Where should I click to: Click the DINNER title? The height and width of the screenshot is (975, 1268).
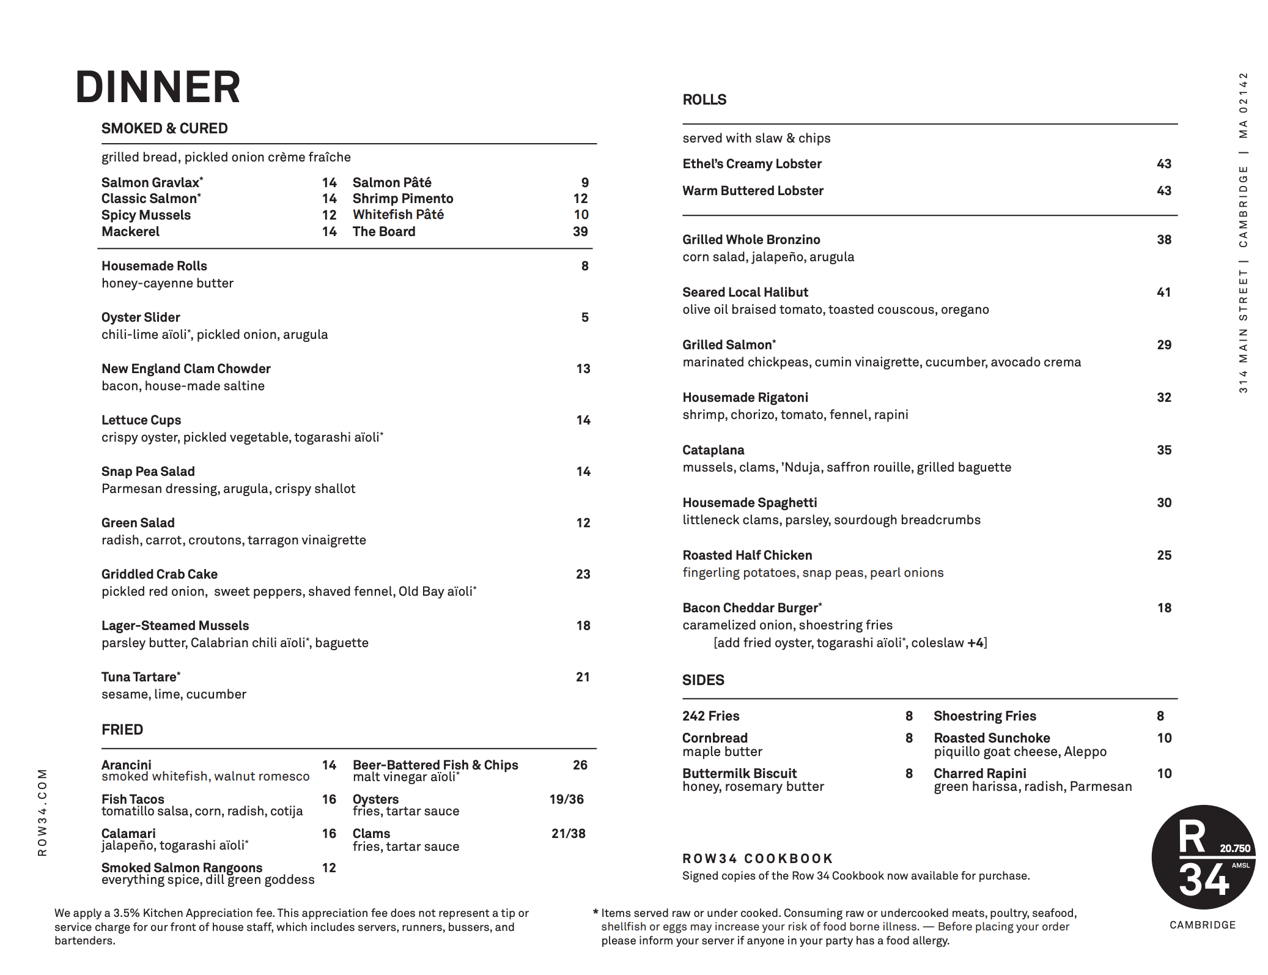point(158,87)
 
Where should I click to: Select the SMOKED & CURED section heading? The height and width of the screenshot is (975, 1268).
point(164,128)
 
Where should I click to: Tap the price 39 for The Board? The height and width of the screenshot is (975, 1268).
point(580,232)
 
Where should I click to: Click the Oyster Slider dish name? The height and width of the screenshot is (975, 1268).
point(141,317)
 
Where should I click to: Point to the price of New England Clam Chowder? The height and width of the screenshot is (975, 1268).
point(583,369)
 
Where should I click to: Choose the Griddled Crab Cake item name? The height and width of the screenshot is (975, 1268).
point(160,574)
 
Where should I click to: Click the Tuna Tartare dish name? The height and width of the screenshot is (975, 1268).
point(140,677)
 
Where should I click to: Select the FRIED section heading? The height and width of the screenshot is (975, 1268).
point(122,730)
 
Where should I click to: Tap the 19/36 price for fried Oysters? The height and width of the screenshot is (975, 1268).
point(566,799)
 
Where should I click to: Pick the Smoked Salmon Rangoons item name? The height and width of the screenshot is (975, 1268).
point(182,868)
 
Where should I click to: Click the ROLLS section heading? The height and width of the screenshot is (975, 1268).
point(704,100)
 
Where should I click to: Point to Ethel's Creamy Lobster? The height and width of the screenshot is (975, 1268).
point(751,164)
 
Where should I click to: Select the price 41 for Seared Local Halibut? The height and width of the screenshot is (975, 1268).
point(1163,292)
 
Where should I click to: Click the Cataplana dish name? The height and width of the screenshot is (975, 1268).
point(713,450)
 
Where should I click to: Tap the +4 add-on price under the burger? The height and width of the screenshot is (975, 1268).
point(975,643)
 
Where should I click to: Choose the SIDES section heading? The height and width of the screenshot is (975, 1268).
point(703,680)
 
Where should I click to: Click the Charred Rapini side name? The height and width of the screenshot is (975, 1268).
point(979,774)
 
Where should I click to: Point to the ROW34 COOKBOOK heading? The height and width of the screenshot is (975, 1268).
point(757,859)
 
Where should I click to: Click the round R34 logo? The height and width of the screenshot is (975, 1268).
point(1203,857)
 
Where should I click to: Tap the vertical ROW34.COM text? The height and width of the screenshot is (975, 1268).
point(42,812)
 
